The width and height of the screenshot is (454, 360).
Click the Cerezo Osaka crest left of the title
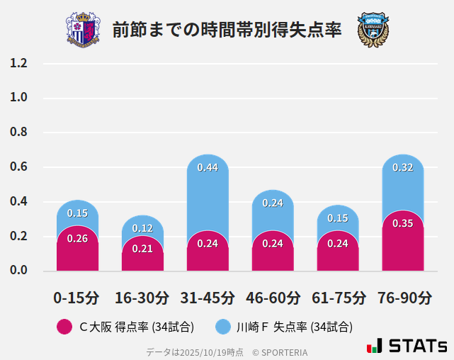(x=83, y=30)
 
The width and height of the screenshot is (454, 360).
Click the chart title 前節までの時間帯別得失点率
(x=227, y=30)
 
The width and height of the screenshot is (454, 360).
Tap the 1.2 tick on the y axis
(x=18, y=64)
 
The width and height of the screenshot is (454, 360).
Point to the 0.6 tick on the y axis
(x=18, y=167)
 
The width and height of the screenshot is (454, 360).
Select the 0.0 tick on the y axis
(x=18, y=271)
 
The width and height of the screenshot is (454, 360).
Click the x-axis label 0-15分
(x=77, y=298)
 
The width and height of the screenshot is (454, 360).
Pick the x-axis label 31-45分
(x=208, y=298)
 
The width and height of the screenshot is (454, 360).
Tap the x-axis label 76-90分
(x=403, y=298)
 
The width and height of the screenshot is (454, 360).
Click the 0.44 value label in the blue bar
(x=208, y=168)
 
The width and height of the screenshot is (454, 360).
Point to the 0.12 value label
(x=142, y=228)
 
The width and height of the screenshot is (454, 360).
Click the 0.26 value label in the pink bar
(x=77, y=239)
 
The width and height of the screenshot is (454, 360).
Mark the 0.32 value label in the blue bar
(x=403, y=168)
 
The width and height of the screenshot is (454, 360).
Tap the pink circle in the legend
(x=64, y=327)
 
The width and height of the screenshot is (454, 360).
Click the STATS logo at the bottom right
(x=407, y=346)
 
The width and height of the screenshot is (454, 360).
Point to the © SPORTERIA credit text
(x=280, y=351)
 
